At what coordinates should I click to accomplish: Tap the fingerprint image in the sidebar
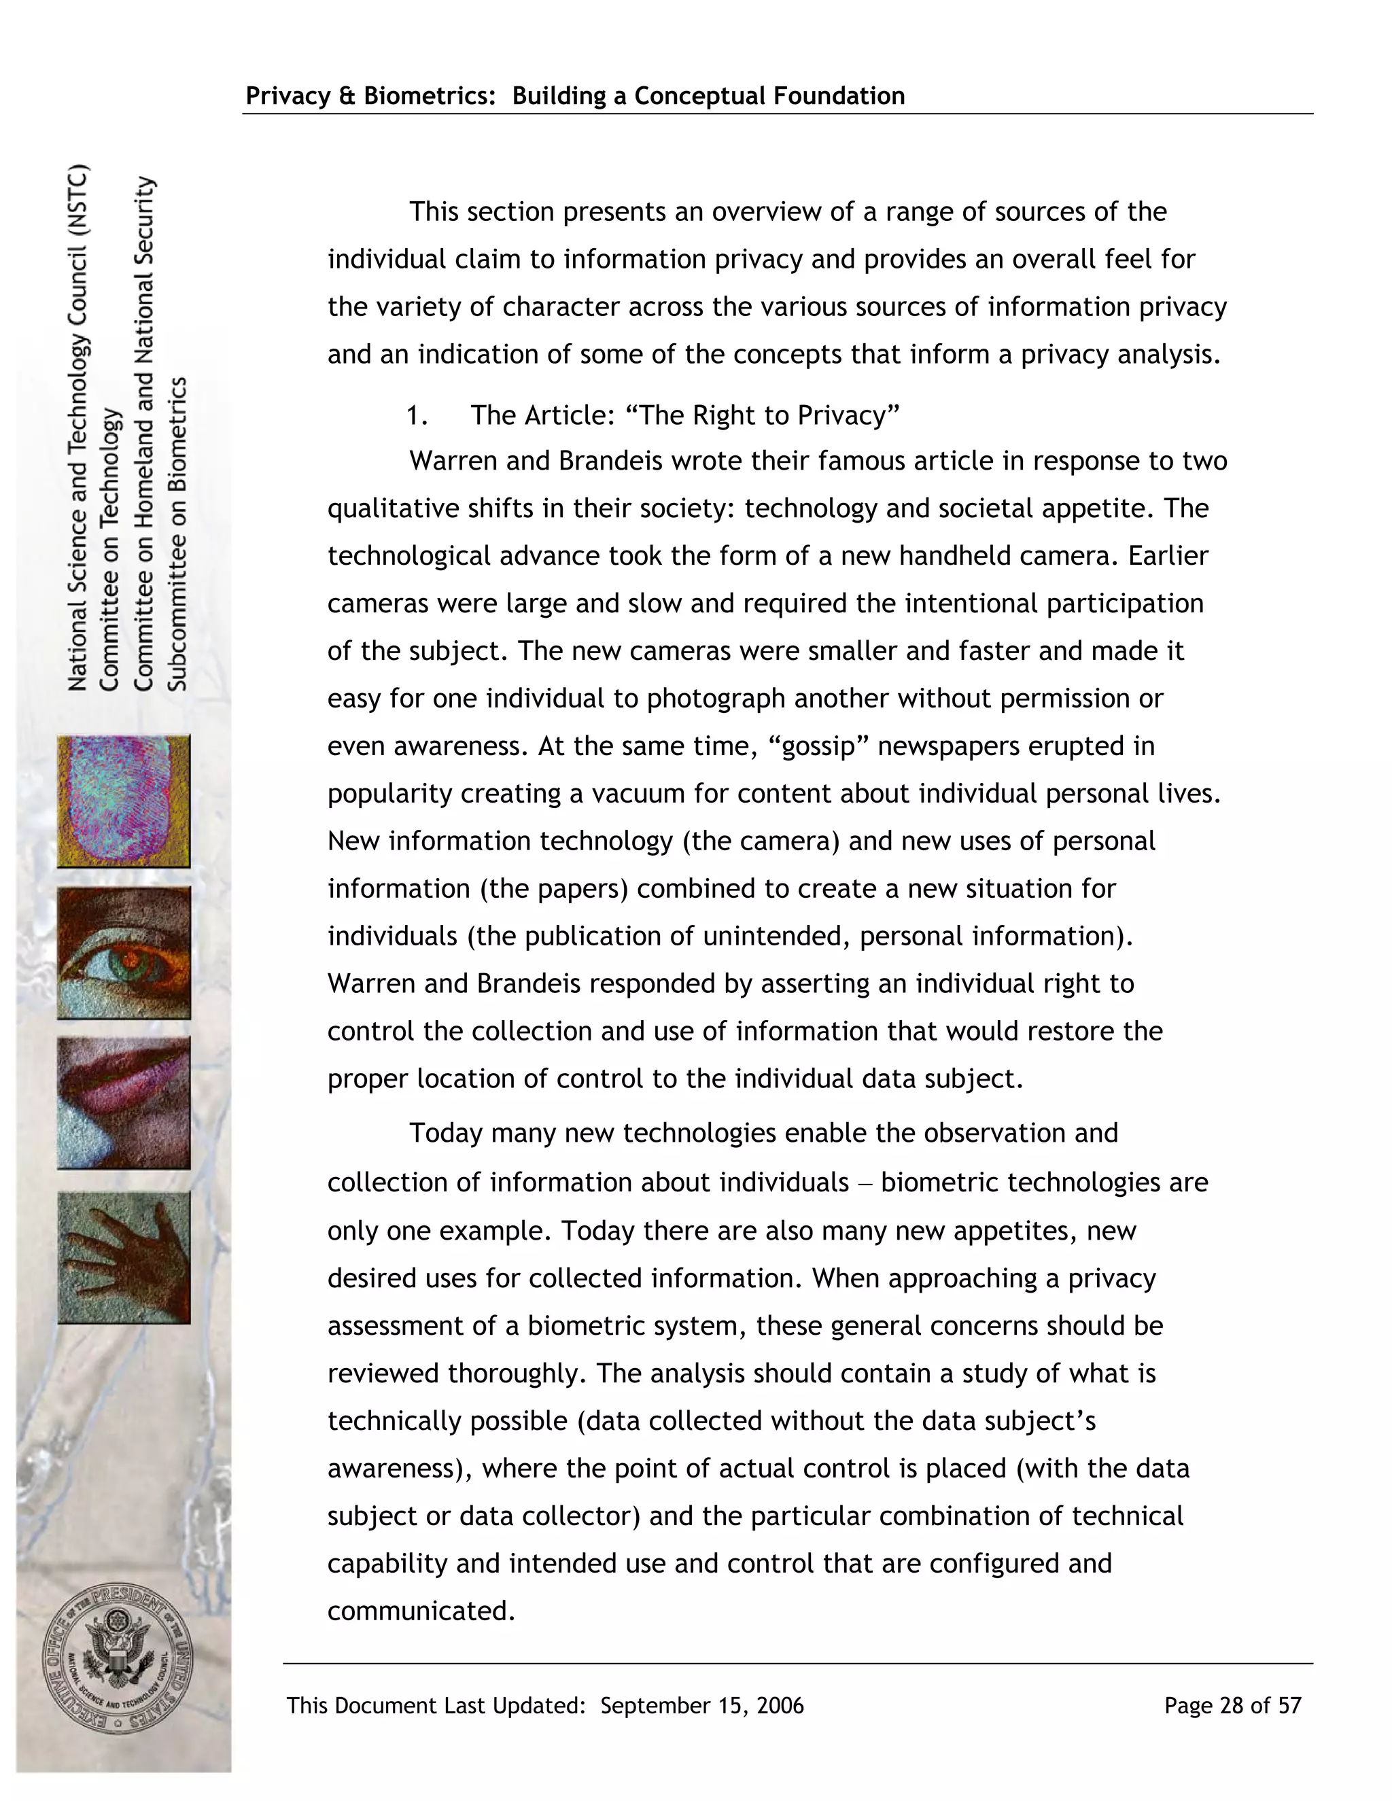tap(124, 801)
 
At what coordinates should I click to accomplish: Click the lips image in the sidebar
tap(124, 1102)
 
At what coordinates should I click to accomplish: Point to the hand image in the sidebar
tap(124, 1257)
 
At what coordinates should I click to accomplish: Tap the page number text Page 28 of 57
tap(1232, 1705)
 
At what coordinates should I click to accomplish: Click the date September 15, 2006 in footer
tap(701, 1705)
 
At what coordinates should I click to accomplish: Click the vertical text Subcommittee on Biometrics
tap(178, 534)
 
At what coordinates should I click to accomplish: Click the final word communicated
tap(421, 1611)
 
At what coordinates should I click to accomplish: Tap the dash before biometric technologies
tap(865, 1183)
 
